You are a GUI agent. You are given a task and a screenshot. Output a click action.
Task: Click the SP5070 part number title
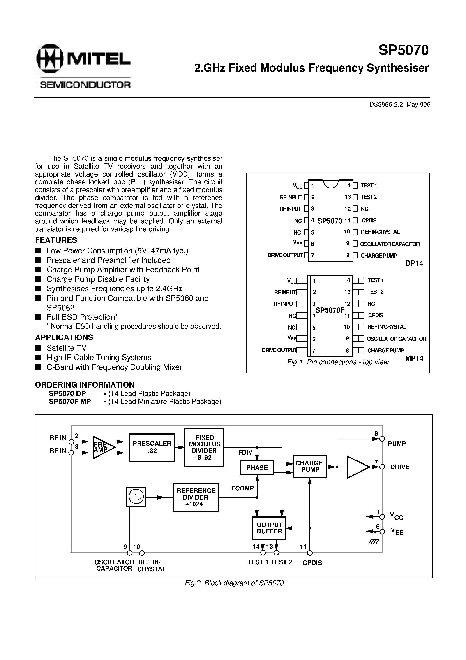click(x=403, y=50)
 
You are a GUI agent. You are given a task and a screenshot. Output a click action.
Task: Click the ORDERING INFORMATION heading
click(x=85, y=385)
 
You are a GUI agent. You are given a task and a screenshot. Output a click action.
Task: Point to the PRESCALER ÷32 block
click(x=152, y=447)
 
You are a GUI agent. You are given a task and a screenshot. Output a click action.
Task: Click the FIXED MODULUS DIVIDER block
click(x=204, y=447)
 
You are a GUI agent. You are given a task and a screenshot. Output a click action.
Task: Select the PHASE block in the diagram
click(x=257, y=468)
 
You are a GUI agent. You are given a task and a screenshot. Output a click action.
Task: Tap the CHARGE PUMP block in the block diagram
click(x=309, y=466)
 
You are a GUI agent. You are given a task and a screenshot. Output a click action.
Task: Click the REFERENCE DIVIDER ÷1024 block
click(x=195, y=497)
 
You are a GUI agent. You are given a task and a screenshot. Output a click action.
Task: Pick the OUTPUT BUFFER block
click(x=269, y=528)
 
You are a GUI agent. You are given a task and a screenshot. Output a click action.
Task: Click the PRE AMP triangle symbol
click(x=103, y=447)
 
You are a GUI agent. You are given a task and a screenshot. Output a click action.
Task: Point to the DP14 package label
click(x=414, y=263)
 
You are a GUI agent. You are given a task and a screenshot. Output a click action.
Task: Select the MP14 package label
click(x=414, y=358)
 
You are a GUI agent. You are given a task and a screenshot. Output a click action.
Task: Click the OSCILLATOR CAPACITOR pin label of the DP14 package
click(x=390, y=244)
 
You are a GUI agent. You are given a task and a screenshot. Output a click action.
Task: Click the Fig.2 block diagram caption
click(x=234, y=583)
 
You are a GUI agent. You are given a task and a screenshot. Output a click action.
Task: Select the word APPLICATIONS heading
click(x=64, y=337)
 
